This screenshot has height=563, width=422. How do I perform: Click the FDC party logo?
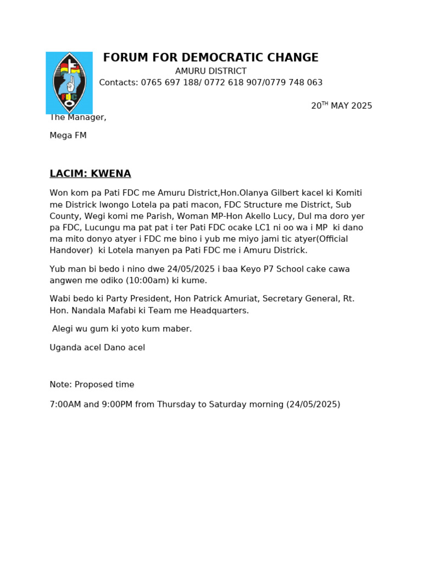click(x=69, y=83)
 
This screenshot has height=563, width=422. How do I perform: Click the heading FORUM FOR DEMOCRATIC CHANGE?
click(x=210, y=58)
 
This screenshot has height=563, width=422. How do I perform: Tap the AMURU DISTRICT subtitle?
click(x=210, y=71)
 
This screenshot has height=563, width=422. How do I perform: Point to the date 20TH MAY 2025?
click(x=341, y=106)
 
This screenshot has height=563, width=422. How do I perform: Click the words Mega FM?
click(x=68, y=135)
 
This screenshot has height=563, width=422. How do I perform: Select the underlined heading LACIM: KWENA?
click(x=90, y=174)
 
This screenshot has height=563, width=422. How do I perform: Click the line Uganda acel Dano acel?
click(x=97, y=348)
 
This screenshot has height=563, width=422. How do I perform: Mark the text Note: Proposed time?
click(x=92, y=385)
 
